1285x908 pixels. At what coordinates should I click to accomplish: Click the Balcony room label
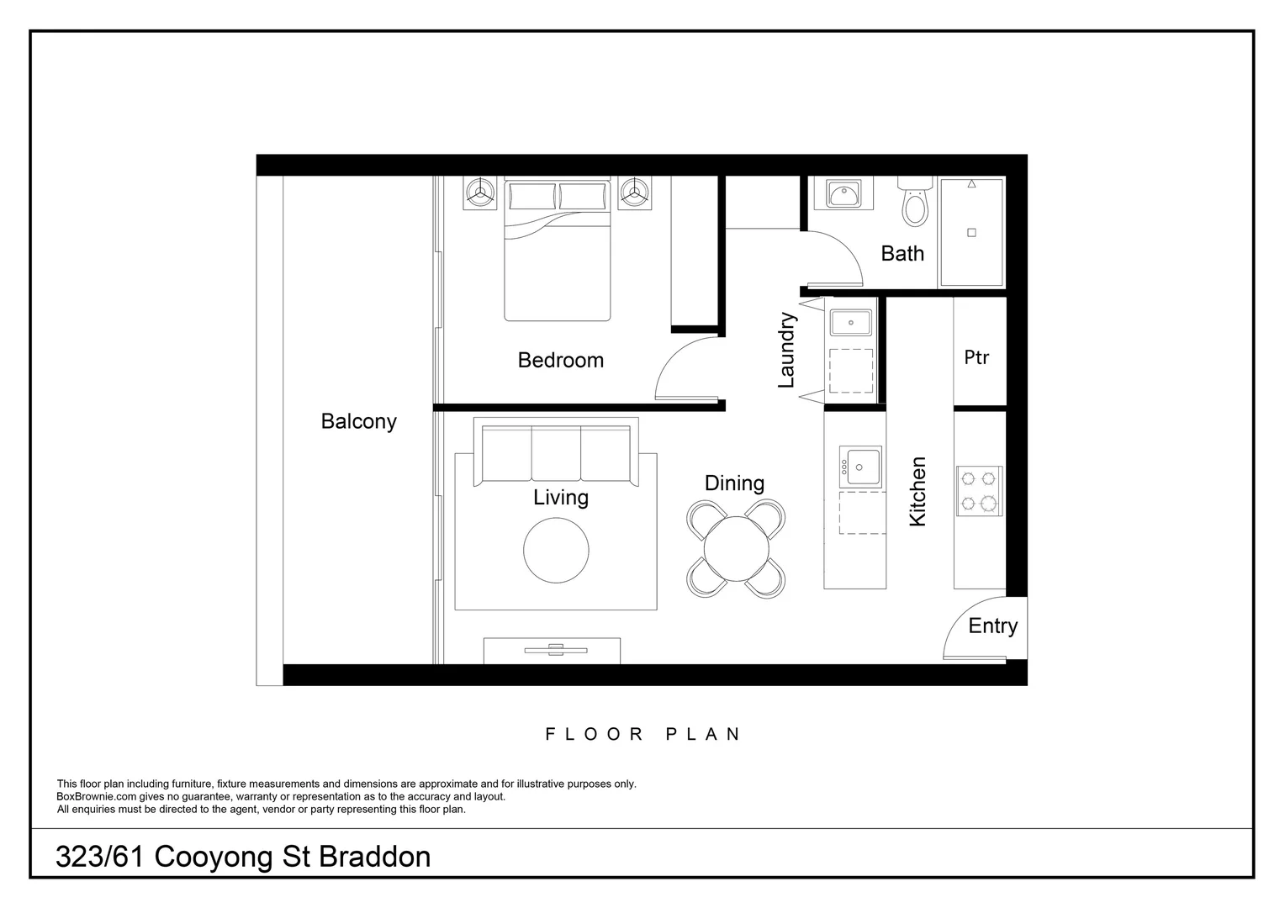coord(358,421)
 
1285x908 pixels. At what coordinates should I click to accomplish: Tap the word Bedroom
coord(560,360)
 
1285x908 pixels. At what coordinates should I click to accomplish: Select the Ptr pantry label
coord(976,357)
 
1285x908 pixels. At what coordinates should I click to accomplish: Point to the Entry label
coord(992,626)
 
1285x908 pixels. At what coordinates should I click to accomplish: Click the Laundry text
coord(786,350)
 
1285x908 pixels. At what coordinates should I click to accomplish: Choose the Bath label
coord(902,253)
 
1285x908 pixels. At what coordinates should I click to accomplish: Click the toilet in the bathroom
coord(914,203)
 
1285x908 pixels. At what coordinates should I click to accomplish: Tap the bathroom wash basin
coord(841,194)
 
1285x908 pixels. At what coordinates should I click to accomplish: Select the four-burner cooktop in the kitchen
coord(978,491)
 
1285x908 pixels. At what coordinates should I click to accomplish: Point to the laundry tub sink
coord(851,322)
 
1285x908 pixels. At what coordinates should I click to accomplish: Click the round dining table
coord(736,548)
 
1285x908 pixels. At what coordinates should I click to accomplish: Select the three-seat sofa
coord(556,454)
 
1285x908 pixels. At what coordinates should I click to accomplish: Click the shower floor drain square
coord(971,233)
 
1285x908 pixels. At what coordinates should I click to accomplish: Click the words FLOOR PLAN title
coord(642,734)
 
